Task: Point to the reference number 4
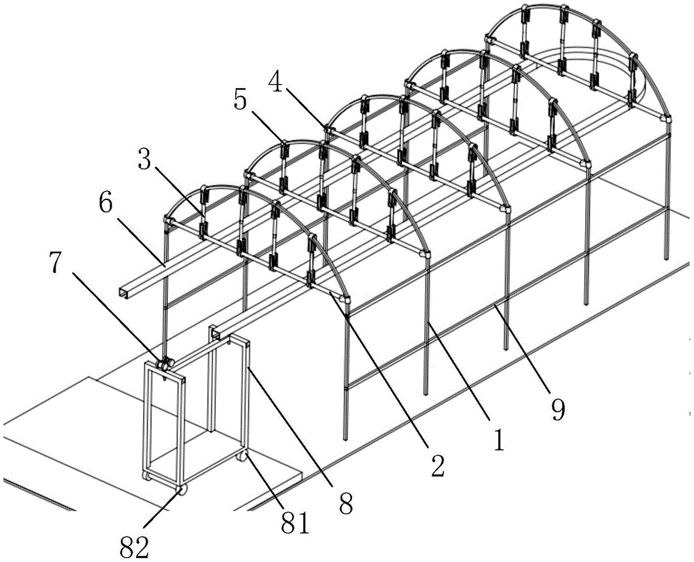click(277, 82)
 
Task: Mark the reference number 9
click(558, 410)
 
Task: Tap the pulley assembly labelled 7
click(163, 364)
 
